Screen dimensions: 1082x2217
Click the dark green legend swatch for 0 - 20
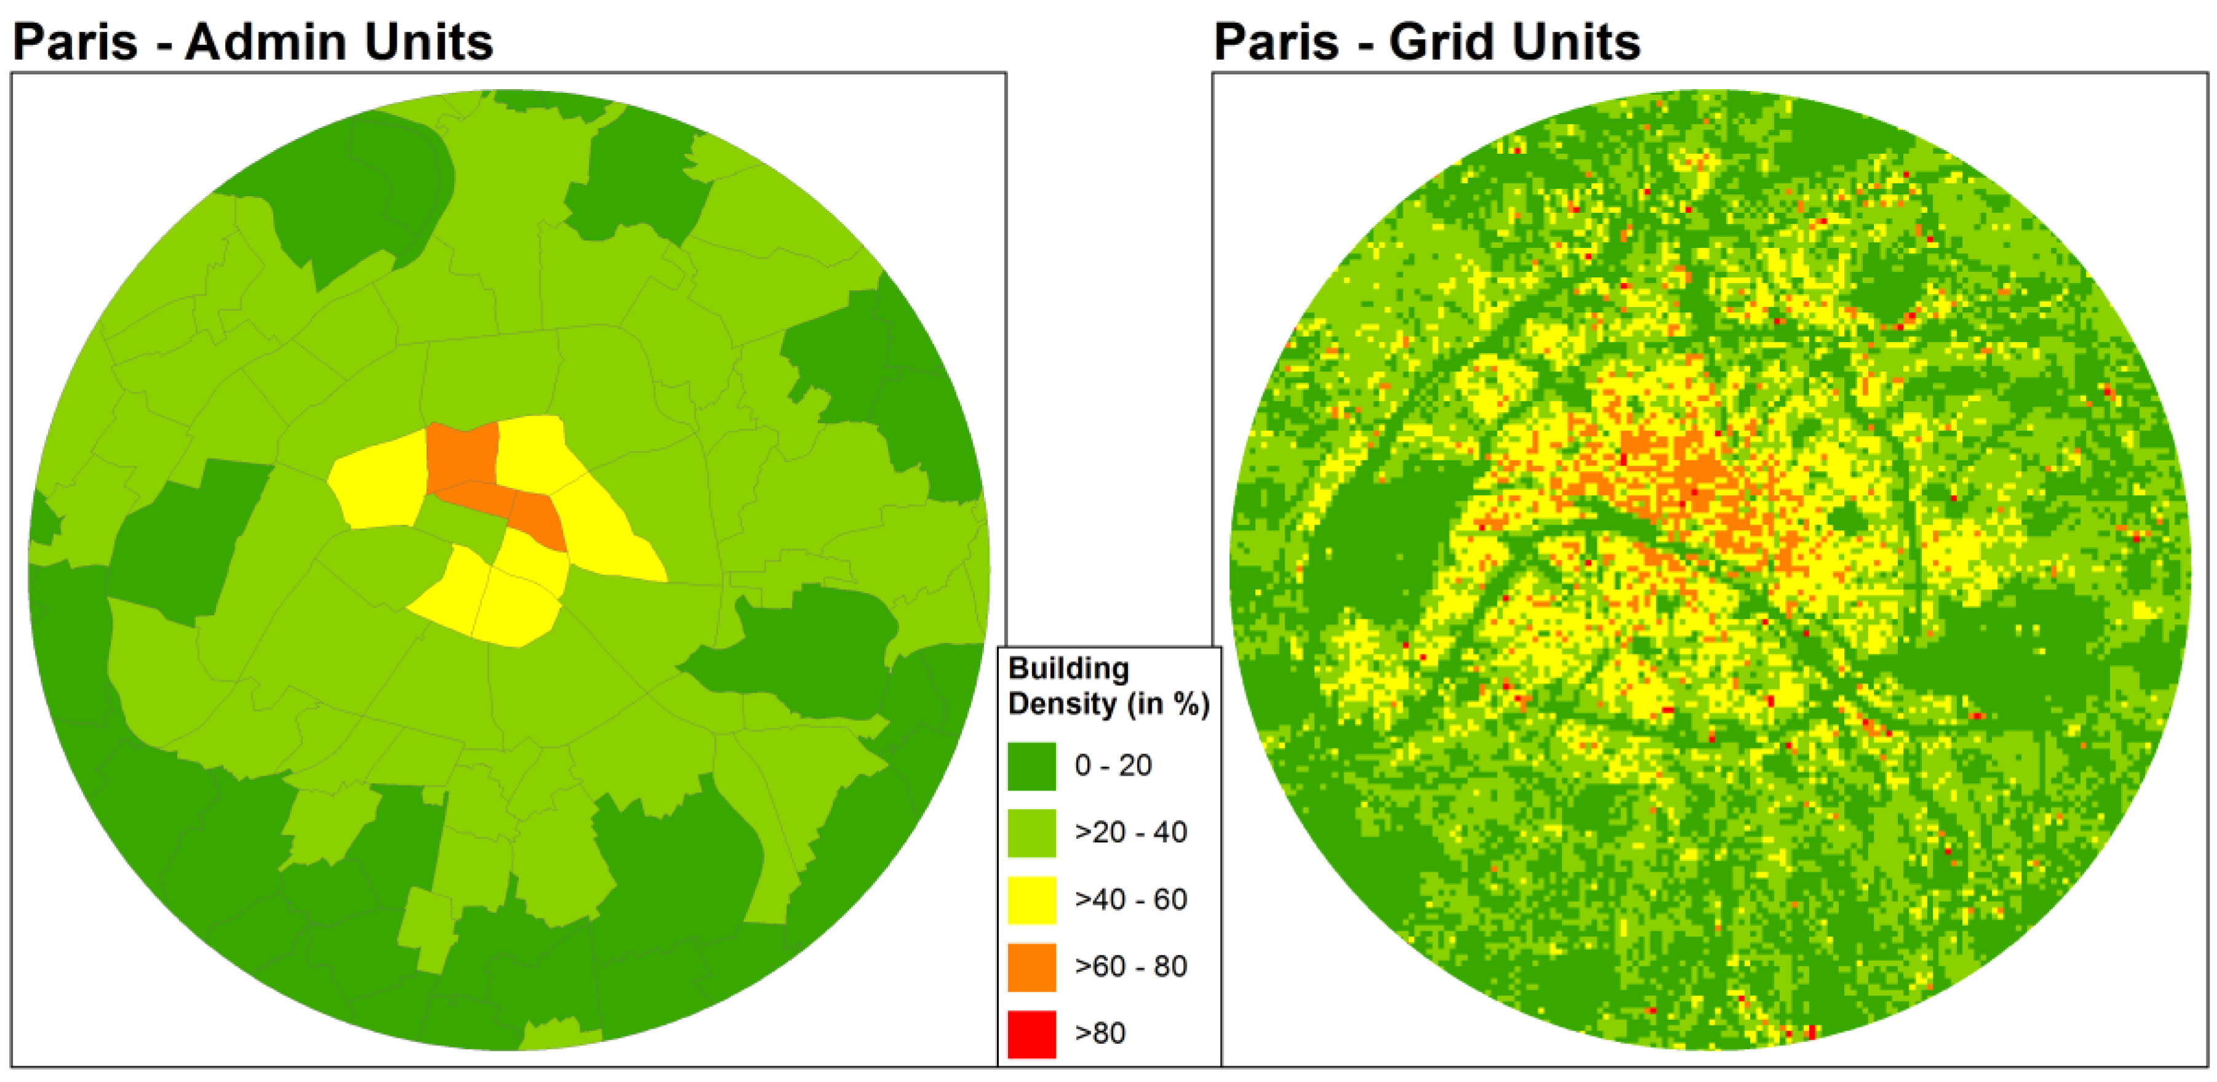pyautogui.click(x=1031, y=766)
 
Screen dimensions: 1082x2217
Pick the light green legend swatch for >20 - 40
pyautogui.click(x=1031, y=832)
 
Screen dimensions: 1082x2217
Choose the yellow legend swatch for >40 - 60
pyautogui.click(x=1031, y=899)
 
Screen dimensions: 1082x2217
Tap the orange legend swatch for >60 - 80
pyautogui.click(x=1031, y=966)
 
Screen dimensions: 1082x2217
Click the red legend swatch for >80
pyautogui.click(x=1031, y=1033)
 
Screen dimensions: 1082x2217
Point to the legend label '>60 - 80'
pyautogui.click(x=1130, y=966)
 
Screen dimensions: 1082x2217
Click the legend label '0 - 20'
pyautogui.click(x=1112, y=765)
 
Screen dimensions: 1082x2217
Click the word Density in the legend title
pyautogui.click(x=1061, y=704)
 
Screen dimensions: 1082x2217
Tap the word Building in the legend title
pyautogui.click(x=1068, y=669)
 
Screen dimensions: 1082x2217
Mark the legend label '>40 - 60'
pyautogui.click(x=1130, y=899)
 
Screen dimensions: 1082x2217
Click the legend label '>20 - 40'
pyautogui.click(x=1130, y=832)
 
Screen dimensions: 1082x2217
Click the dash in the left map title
pyautogui.click(x=164, y=45)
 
